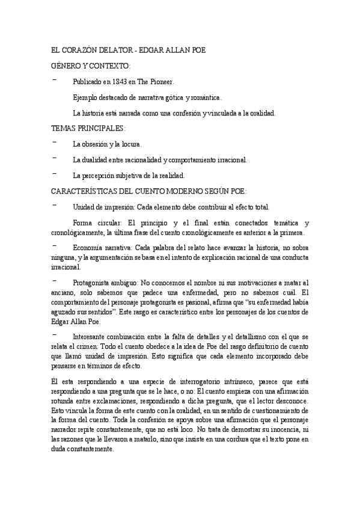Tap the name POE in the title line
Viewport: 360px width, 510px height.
197,51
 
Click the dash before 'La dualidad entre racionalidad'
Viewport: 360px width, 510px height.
55,159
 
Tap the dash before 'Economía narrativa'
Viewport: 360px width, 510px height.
55,247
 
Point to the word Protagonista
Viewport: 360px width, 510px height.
94,282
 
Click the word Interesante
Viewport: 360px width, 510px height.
92,336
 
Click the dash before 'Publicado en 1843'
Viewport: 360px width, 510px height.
55,81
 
